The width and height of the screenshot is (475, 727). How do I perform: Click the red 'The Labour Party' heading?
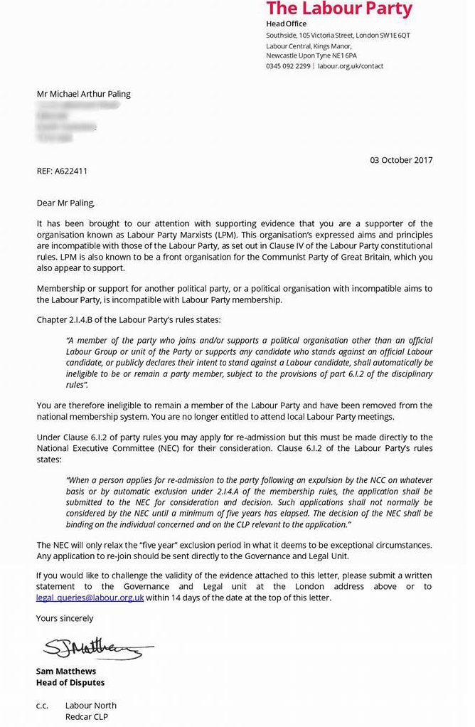tap(339, 9)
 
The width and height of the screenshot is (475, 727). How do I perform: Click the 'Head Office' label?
tap(286, 24)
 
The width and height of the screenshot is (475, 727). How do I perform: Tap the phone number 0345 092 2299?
tap(288, 66)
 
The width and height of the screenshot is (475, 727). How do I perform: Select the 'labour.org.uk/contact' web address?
tap(351, 66)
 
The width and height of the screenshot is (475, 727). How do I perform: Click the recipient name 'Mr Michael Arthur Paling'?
tap(84, 94)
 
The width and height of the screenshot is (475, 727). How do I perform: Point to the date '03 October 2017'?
tap(401, 160)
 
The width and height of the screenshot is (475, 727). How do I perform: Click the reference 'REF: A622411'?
tap(63, 171)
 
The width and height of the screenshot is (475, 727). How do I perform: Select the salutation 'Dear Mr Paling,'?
tap(65, 203)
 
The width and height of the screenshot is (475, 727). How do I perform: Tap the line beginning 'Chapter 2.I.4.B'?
tap(129, 320)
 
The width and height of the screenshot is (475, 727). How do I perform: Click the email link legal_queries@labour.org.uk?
tap(90, 598)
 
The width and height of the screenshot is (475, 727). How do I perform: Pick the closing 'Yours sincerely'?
tap(65, 618)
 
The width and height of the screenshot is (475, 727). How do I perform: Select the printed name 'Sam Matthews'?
tap(66, 672)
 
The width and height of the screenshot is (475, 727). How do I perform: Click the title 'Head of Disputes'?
tap(70, 683)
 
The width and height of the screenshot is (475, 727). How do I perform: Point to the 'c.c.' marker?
tap(43, 706)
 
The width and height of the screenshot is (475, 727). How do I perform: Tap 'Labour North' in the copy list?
tap(91, 706)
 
